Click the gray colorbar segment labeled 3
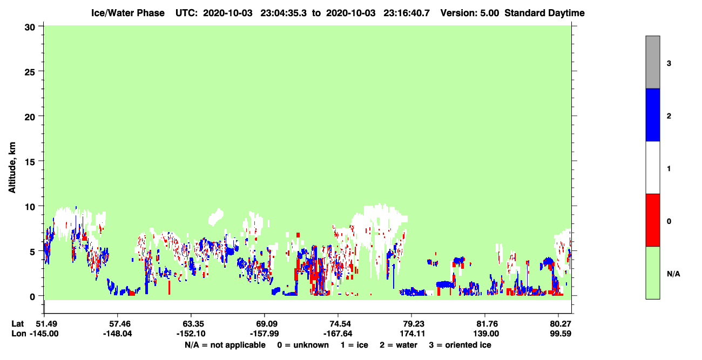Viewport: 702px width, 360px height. tap(652, 62)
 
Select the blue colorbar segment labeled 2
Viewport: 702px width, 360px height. tap(652, 114)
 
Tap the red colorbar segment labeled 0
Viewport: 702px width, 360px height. tap(652, 220)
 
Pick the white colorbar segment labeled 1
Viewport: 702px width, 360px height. tap(652, 167)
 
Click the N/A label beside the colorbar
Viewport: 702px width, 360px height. tap(673, 274)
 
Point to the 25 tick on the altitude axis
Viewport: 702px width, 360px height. tap(30, 71)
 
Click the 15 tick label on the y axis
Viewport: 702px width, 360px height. tap(30, 161)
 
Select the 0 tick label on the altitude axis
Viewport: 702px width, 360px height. tap(32, 296)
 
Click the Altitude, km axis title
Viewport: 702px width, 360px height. tap(12, 167)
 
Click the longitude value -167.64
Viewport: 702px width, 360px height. tap(338, 334)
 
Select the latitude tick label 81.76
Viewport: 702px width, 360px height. tap(485, 324)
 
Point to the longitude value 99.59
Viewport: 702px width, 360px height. tap(561, 334)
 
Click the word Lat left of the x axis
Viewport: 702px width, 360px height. tap(18, 324)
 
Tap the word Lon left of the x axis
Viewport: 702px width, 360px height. tap(19, 334)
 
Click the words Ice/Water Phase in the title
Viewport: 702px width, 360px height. tap(128, 13)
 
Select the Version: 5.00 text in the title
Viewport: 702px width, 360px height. tap(469, 13)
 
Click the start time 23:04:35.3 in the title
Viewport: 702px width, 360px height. tap(283, 13)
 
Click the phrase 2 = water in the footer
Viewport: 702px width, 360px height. tap(399, 345)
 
